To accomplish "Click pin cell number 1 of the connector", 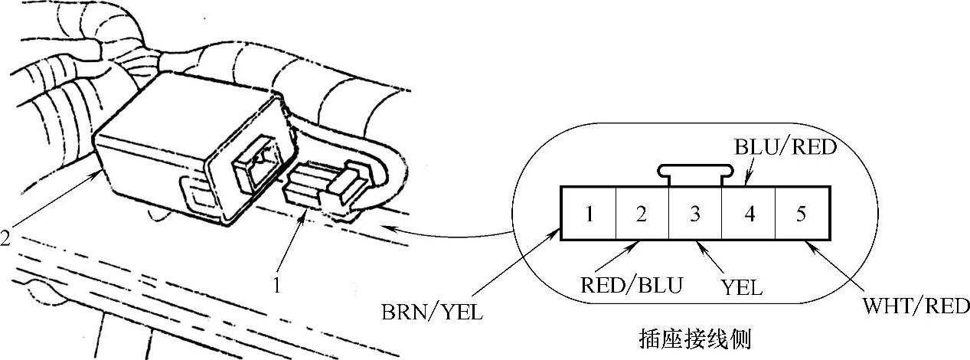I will click(589, 214).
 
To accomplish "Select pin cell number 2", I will click(642, 214).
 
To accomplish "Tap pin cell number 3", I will click(695, 214).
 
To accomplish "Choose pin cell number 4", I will click(749, 214).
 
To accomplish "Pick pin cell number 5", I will click(801, 214).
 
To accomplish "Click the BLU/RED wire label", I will click(785, 148).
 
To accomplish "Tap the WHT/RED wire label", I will click(916, 307).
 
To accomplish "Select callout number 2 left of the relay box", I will click(5, 239).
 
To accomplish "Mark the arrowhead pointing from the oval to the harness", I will click(386, 227).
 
